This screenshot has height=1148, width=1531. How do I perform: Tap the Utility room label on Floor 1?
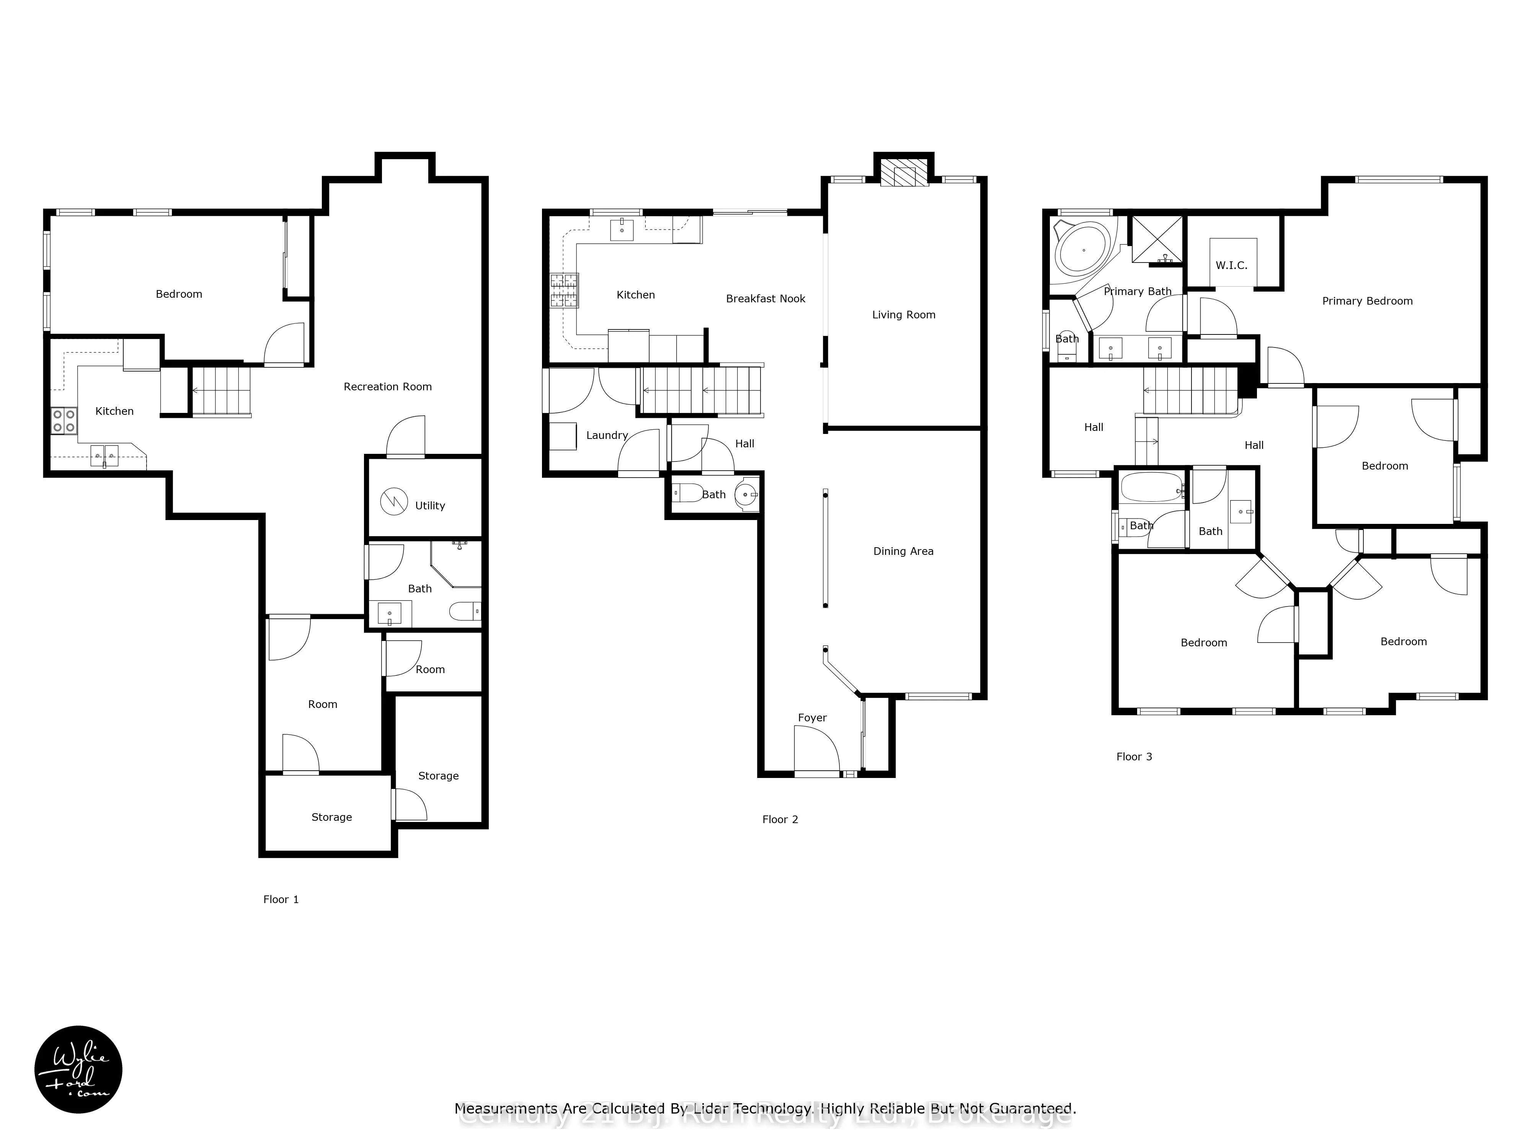(430, 506)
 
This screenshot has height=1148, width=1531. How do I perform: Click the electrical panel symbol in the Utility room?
(394, 501)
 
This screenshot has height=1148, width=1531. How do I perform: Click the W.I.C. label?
(1231, 266)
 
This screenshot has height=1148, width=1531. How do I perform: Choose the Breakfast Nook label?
(765, 299)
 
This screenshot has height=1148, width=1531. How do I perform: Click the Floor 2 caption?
(780, 819)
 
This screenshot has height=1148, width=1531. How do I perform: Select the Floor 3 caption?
(1134, 756)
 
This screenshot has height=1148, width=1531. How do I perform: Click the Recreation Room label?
(388, 387)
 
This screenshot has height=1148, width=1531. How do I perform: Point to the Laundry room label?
(606, 435)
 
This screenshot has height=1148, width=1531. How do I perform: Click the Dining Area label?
(903, 551)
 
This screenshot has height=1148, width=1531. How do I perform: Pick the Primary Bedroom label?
(1367, 301)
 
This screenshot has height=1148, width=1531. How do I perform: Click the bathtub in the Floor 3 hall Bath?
(1150, 487)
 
